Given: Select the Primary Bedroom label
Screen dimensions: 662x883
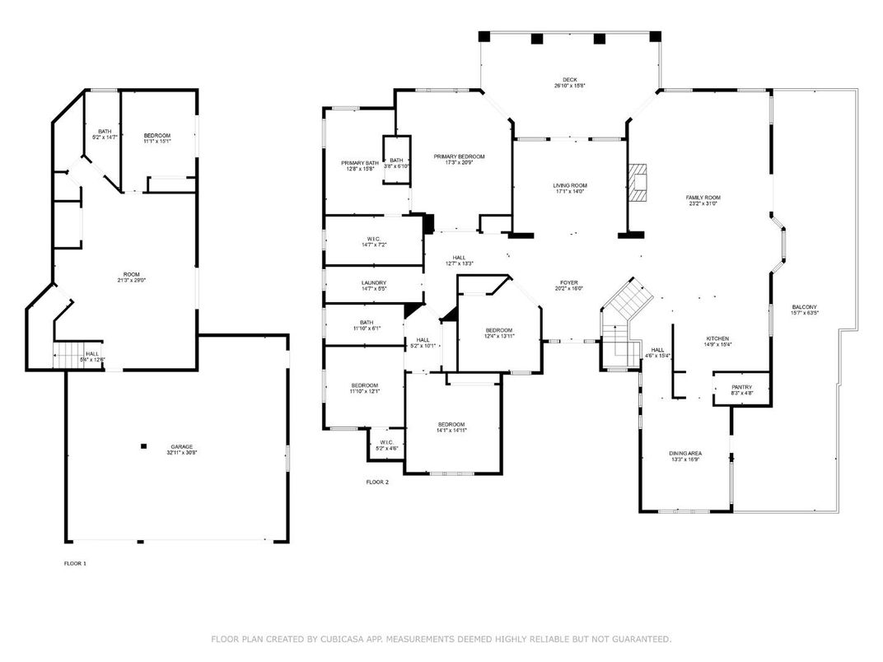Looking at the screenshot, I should tap(459, 156).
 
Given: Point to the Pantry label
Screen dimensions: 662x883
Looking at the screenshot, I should tap(742, 387).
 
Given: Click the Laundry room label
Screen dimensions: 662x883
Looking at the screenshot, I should tap(374, 282).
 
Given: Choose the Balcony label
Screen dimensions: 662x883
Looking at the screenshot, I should tap(804, 307).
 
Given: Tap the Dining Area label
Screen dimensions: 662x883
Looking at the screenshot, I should tap(684, 454).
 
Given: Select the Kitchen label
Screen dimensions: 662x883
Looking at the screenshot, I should tap(717, 338).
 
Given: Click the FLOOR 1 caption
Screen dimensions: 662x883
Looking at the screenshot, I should tap(75, 563).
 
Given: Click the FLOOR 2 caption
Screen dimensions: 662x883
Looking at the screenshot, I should tap(377, 482).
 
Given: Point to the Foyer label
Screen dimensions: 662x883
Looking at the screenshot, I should tap(568, 282).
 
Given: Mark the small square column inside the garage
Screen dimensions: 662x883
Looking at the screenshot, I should tap(143, 446).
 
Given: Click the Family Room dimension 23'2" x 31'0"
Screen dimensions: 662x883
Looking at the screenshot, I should tap(703, 204).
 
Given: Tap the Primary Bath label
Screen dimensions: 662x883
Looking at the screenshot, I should tap(358, 163).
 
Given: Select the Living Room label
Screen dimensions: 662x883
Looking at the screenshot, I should tap(569, 185).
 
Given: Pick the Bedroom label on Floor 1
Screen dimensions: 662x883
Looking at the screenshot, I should tap(157, 135).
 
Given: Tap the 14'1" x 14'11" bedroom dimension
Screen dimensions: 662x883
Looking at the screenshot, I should tap(452, 431).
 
